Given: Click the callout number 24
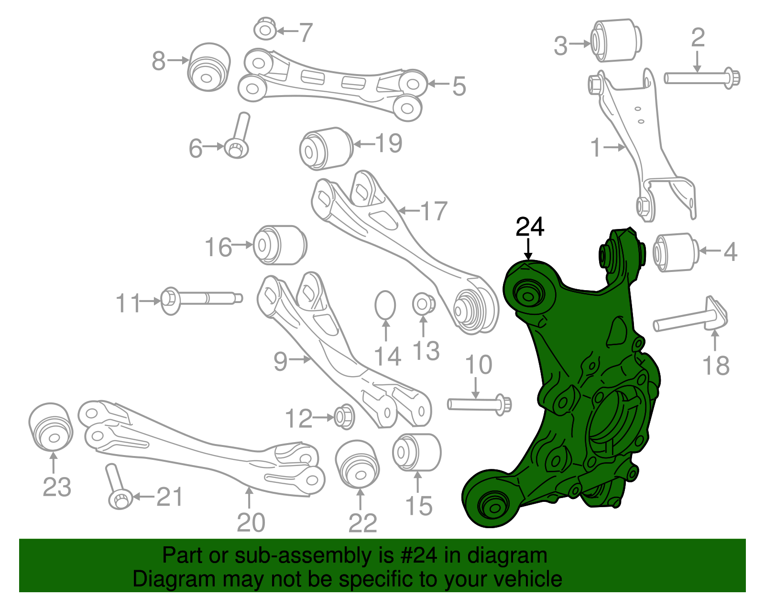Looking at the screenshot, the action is (529, 227).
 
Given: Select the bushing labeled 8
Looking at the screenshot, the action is (209, 67).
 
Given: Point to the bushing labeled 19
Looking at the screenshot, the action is (326, 149).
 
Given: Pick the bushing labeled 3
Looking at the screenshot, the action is (616, 40).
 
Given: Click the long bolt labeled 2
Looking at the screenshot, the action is (702, 78).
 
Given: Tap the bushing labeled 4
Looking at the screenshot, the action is (676, 252).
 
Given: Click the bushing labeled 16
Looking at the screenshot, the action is (280, 245).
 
